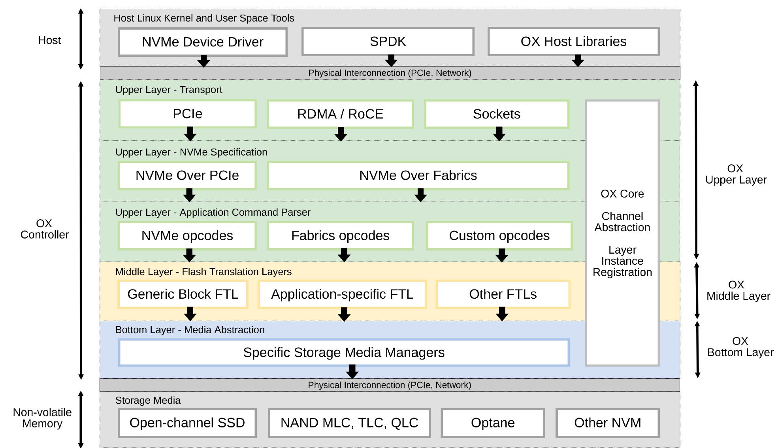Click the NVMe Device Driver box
tap(202, 42)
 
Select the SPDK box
tap(388, 41)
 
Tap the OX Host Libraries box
tap(573, 41)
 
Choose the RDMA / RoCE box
tap(340, 114)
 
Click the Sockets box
tap(497, 114)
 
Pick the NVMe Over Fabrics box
tap(418, 175)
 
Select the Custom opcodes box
tap(499, 236)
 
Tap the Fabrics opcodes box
tap(340, 236)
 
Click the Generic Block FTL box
tap(183, 294)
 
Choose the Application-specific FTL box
tap(342, 294)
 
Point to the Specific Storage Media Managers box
tap(344, 352)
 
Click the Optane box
tap(493, 423)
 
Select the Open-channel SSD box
tap(187, 423)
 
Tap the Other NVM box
tap(607, 423)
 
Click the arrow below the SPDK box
tap(391, 61)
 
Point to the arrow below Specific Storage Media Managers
tap(352, 372)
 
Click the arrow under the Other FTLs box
tap(502, 314)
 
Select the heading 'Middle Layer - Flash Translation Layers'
tap(203, 272)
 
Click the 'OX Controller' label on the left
tap(44, 229)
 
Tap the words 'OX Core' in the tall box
tap(622, 194)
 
